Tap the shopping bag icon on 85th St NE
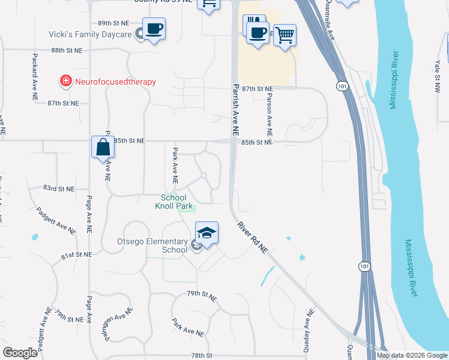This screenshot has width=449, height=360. click(x=103, y=147)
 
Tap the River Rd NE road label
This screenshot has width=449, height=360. click(x=252, y=238)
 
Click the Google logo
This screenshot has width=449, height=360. click(x=20, y=353)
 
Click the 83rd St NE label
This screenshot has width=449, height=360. click(x=59, y=188)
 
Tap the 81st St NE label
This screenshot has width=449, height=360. click(x=77, y=255)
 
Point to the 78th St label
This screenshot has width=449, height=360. click(x=202, y=356)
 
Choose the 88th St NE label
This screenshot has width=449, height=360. click(x=66, y=51)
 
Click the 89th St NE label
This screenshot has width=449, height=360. click(x=113, y=22)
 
